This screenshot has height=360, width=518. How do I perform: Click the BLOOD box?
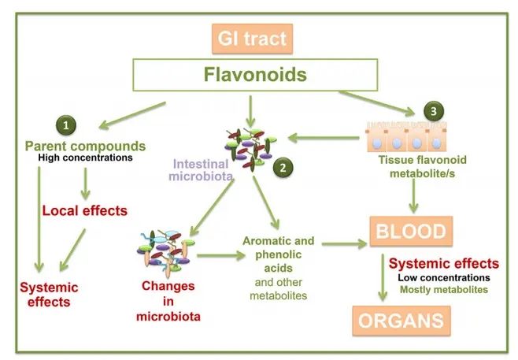pyautogui.click(x=409, y=232)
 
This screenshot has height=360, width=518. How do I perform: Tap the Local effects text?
pyautogui.click(x=84, y=210)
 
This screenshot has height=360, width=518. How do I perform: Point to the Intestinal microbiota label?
pyautogui.click(x=201, y=169)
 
